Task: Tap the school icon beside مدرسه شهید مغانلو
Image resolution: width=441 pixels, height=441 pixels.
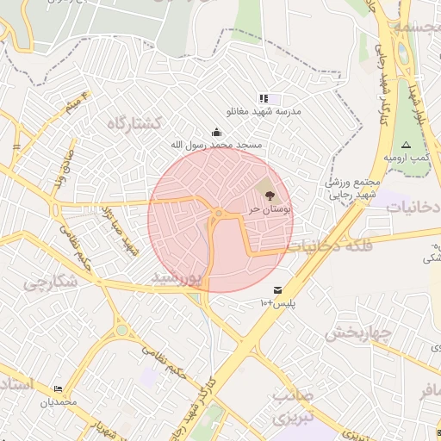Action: (x=264, y=99)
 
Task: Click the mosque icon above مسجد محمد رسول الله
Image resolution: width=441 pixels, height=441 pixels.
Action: (x=215, y=132)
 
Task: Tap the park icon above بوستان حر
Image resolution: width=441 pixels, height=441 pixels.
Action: (x=270, y=196)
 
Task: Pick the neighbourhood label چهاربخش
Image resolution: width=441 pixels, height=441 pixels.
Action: (x=359, y=332)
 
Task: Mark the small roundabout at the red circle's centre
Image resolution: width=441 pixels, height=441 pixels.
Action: (x=220, y=214)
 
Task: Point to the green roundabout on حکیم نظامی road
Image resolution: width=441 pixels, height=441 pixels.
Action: (x=121, y=329)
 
